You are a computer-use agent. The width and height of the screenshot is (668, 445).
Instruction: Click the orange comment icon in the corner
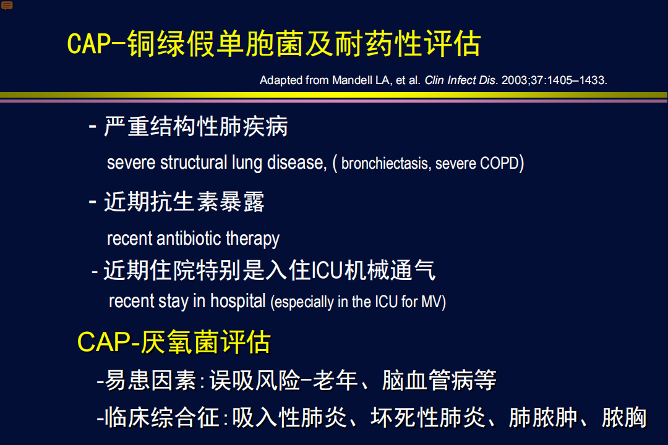(x=7, y=6)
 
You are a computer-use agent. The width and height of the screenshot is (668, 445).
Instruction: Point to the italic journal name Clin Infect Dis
(x=461, y=80)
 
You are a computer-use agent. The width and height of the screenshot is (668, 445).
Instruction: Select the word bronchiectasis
(x=385, y=163)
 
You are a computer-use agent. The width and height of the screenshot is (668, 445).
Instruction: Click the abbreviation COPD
(x=499, y=163)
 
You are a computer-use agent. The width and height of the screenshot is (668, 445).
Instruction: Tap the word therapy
(x=252, y=239)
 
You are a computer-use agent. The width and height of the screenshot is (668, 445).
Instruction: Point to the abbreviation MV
(x=432, y=302)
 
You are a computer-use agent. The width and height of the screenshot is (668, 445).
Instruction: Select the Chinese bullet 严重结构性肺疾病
(x=196, y=127)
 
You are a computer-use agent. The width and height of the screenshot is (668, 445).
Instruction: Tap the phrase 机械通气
(x=390, y=271)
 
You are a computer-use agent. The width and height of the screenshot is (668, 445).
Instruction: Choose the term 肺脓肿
(x=543, y=417)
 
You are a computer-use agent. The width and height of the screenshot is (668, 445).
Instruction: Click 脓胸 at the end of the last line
(x=624, y=417)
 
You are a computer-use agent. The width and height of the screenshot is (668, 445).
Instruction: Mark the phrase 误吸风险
(x=255, y=380)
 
